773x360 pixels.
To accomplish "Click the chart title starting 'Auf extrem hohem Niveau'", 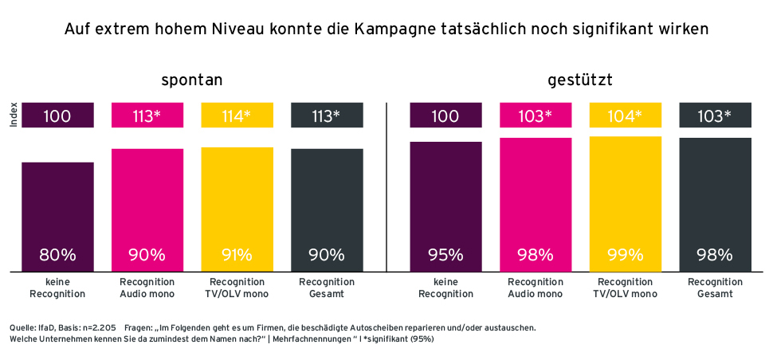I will click(386, 30).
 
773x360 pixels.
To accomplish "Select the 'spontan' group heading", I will click(191, 80).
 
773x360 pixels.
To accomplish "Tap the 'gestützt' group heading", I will click(579, 80).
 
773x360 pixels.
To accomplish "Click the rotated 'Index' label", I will click(14, 116).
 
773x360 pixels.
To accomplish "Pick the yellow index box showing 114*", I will click(237, 116).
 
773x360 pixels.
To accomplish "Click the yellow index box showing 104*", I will click(625, 116).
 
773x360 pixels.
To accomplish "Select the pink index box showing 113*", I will click(147, 116).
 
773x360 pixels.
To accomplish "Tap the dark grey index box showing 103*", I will click(714, 116).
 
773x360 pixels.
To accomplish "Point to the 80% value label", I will click(57, 256).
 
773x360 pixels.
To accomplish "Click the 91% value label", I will click(237, 256).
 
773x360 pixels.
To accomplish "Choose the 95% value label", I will click(445, 256).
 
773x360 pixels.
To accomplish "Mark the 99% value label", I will click(625, 256).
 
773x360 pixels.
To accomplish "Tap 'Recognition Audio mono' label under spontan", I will click(147, 288).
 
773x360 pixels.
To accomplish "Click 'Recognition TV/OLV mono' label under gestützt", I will click(625, 288).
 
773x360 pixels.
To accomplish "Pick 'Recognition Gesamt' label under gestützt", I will click(714, 288).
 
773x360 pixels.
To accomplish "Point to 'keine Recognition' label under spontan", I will click(57, 288).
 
